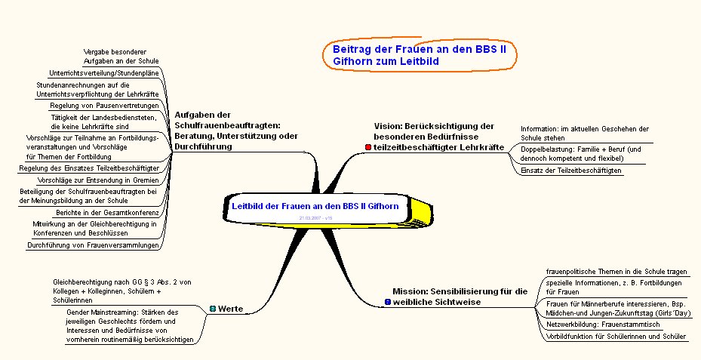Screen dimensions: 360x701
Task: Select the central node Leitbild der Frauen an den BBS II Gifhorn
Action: tap(315, 205)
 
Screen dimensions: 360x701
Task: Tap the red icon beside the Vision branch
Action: tap(367, 146)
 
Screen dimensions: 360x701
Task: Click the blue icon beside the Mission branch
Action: tap(387, 302)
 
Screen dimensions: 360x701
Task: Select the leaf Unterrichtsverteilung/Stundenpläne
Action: tap(103, 73)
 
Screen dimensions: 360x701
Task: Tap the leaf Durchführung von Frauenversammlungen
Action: tap(93, 245)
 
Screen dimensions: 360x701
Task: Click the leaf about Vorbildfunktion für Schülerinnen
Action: tap(616, 336)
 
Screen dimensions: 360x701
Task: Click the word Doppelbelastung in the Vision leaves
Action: tap(541, 149)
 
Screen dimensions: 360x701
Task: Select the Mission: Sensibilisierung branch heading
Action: tap(460, 296)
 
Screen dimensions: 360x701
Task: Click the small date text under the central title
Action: tap(315, 217)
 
